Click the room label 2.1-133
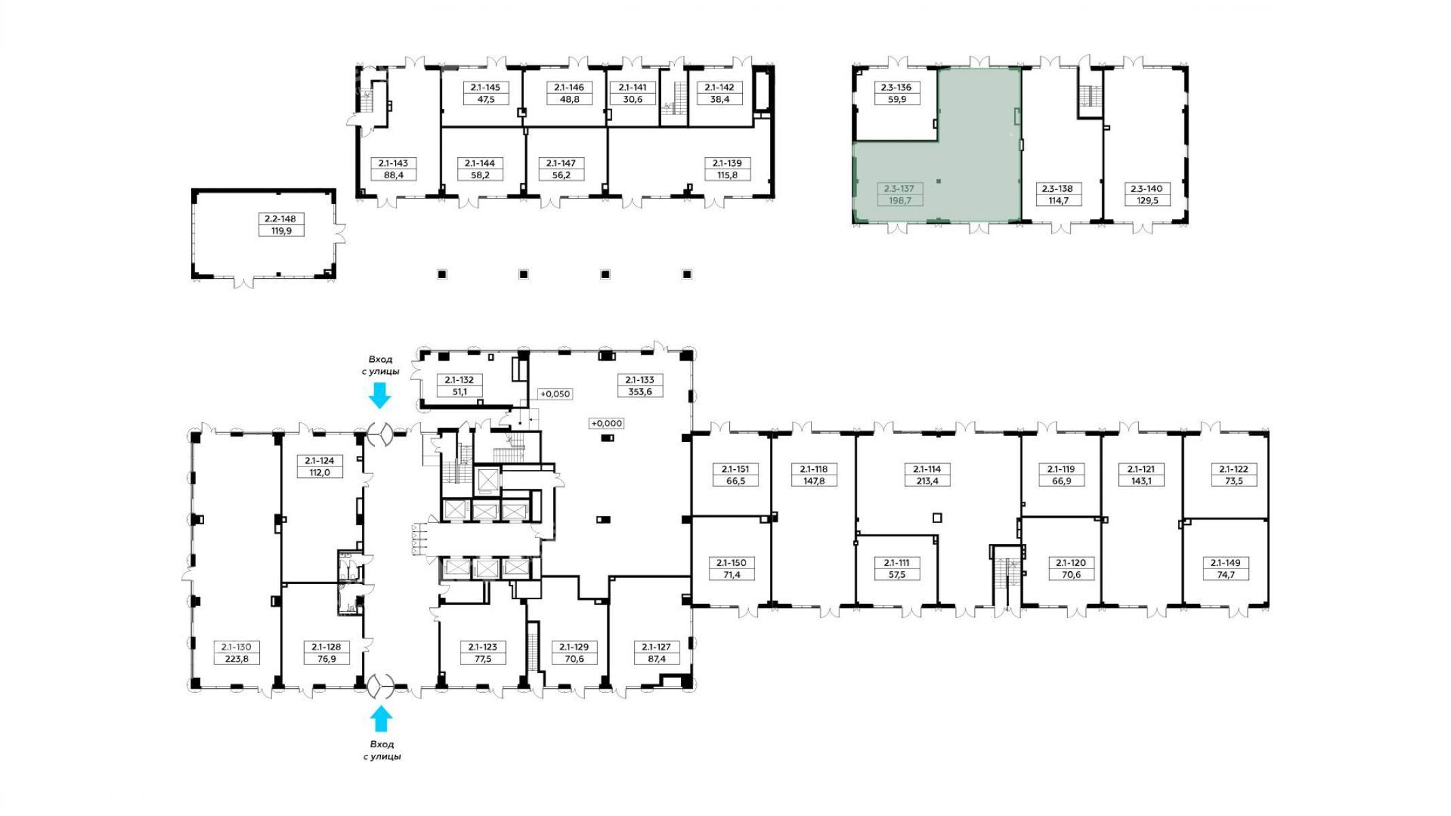pos(639,380)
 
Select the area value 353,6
pos(639,392)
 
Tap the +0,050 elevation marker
pos(554,394)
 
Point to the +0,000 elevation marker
pos(606,423)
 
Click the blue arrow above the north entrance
pos(380,395)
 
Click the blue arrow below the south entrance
pos(381,719)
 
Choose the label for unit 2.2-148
pos(281,219)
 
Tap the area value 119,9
pos(281,231)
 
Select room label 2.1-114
pos(927,469)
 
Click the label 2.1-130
pos(237,647)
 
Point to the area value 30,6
pos(633,99)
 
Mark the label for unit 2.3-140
pos(1146,189)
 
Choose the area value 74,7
pos(1225,575)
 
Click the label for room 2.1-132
pos(459,380)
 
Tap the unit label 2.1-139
pos(727,163)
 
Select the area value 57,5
pos(897,575)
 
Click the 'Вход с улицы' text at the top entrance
pos(380,365)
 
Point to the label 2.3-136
pos(897,88)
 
